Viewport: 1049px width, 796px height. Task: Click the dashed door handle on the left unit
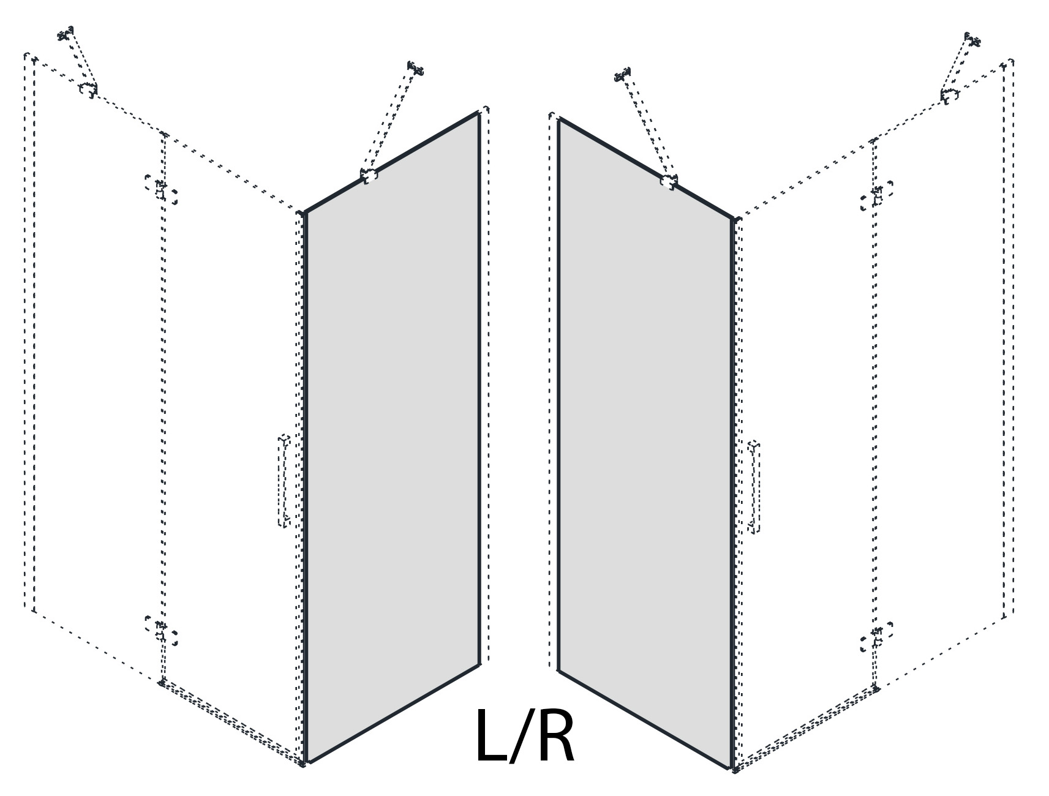pyautogui.click(x=284, y=481)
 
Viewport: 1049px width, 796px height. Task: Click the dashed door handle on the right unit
pyautogui.click(x=754, y=486)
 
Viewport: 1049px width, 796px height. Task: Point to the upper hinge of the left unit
pyautogui.click(x=161, y=189)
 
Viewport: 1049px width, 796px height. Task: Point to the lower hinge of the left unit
pyautogui.click(x=161, y=631)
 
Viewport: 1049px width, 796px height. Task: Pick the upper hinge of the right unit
pyautogui.click(x=876, y=195)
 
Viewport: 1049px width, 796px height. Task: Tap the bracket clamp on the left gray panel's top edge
pyautogui.click(x=369, y=176)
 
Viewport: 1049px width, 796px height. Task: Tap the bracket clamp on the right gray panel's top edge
pyautogui.click(x=669, y=181)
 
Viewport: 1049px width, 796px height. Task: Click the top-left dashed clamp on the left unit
pyautogui.click(x=88, y=89)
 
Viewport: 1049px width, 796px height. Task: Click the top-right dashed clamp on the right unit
pyautogui.click(x=949, y=96)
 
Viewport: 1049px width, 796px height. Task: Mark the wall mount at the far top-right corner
pyautogui.click(x=972, y=40)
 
